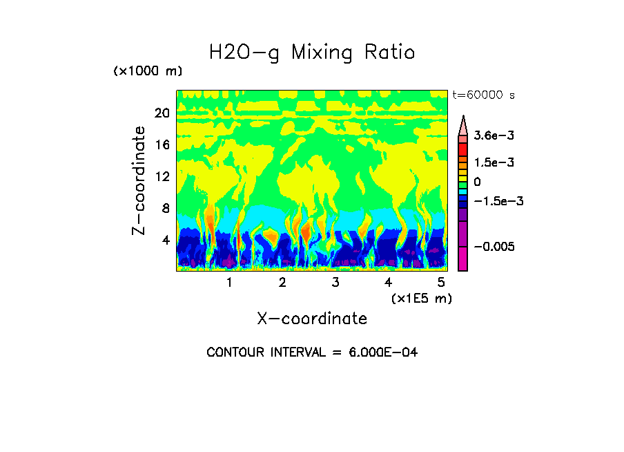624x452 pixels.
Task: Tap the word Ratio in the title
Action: point(390,52)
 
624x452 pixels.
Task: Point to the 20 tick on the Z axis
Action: point(162,113)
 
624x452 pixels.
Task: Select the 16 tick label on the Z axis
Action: point(162,144)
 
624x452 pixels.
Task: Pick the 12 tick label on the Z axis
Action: point(162,176)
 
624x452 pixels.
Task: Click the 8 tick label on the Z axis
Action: point(166,208)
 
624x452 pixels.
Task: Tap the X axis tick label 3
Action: point(335,282)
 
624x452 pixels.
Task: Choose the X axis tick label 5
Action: point(441,282)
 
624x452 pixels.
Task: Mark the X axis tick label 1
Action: point(229,282)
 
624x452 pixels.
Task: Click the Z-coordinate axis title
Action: point(139,180)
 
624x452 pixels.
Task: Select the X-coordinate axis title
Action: point(312,319)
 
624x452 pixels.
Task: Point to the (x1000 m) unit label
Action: point(147,71)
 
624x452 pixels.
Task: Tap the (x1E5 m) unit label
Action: point(421,298)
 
